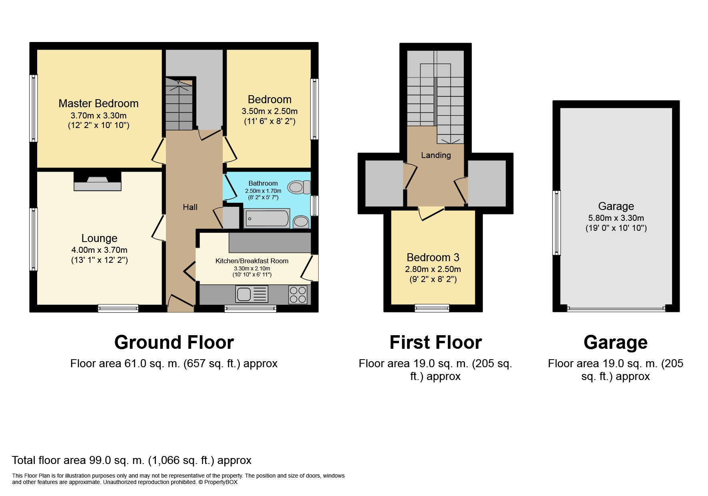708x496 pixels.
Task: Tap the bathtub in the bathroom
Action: tap(267, 218)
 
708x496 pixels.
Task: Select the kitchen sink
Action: tap(252, 294)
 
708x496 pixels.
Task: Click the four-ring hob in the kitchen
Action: tap(298, 295)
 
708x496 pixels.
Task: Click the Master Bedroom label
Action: tap(98, 103)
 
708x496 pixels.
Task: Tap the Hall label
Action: tap(190, 207)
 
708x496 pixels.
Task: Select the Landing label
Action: tap(436, 155)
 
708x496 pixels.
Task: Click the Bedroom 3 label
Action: tap(433, 257)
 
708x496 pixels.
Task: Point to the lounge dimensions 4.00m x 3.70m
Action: tap(100, 250)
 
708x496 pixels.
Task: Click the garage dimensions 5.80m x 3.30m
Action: tap(616, 218)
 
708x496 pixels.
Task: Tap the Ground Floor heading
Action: tap(174, 342)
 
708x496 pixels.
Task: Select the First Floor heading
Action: tap(436, 342)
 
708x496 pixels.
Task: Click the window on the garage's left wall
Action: tap(556, 223)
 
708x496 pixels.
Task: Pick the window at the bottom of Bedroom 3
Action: tap(432, 308)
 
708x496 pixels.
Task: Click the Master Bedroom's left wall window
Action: tap(34, 108)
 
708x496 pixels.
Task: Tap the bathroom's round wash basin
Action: tap(301, 222)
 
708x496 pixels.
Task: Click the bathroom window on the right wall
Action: tap(315, 206)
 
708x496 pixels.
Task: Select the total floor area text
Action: tap(132, 460)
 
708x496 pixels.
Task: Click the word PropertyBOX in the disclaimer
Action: tap(221, 482)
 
